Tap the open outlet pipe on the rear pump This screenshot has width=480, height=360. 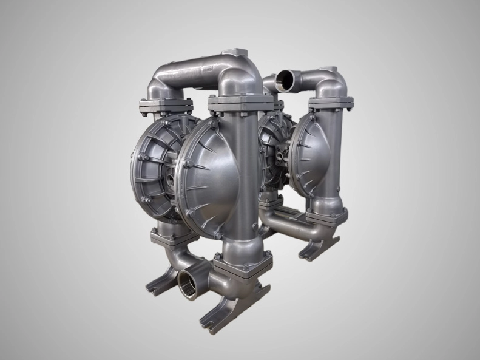(x=285, y=79)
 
